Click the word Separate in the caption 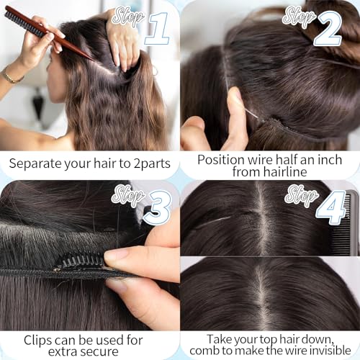tap(38, 163)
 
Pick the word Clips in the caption tap(38, 339)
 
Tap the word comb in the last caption tap(207, 351)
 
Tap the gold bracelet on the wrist tap(11, 75)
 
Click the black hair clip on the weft tap(79, 260)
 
